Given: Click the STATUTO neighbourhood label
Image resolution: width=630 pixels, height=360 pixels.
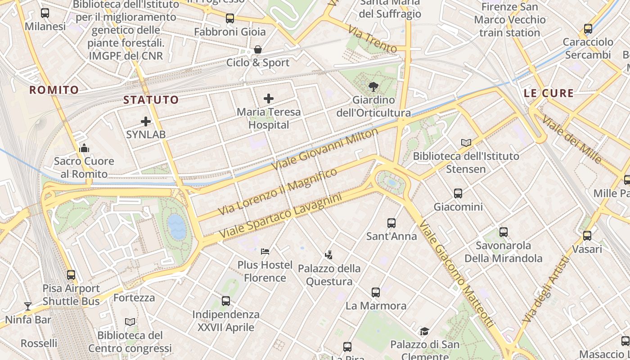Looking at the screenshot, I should point(151,100).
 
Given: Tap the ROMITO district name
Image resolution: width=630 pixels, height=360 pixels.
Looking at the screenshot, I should point(54,90).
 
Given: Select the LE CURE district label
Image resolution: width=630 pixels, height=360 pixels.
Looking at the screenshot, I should point(549,94).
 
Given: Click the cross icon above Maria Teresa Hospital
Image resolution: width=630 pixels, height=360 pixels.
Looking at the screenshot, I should point(269,99).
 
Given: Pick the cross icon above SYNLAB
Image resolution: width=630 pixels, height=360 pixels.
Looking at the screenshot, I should point(146,121).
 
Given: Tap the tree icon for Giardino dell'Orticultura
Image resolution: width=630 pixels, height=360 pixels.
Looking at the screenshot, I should point(373,87).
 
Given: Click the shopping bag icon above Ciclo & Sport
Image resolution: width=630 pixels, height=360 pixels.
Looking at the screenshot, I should point(258,49).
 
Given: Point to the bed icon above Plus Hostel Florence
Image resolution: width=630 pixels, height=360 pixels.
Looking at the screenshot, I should point(265,251).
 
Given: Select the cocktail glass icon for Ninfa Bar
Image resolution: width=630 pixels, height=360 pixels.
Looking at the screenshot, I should point(28,306).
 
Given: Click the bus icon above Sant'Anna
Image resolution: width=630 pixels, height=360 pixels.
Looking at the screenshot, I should point(391,223).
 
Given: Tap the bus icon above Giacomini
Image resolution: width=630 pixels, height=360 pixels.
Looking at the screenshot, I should point(458,193).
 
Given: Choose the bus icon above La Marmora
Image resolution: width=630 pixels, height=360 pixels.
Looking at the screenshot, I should point(376,292).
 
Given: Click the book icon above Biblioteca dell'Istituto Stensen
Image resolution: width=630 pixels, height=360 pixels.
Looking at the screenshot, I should point(466,143).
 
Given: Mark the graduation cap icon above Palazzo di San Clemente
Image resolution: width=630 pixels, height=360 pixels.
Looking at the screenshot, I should point(424,332).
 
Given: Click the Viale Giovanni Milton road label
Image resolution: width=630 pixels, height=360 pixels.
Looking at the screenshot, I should point(325,149).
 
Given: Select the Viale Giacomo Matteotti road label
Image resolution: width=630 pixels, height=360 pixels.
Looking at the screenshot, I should point(457,274).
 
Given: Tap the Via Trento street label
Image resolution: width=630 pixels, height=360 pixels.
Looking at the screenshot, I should point(372,39).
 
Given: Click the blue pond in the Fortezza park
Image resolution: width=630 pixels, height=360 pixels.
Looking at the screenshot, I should point(176,226).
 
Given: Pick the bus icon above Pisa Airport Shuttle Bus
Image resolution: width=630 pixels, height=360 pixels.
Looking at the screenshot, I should point(71,274).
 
